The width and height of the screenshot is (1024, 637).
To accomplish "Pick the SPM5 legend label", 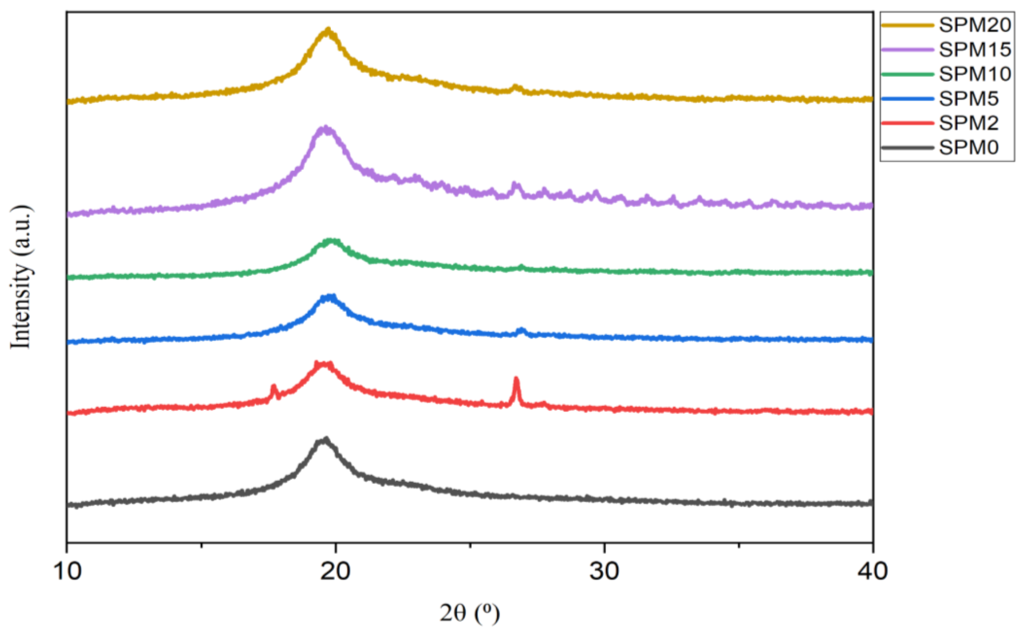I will pyautogui.click(x=968, y=99).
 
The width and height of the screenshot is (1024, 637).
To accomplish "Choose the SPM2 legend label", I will pyautogui.click(x=968, y=123).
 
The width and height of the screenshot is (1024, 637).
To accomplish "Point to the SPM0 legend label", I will pyautogui.click(x=968, y=148).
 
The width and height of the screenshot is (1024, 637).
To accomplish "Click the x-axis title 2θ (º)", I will pyautogui.click(x=469, y=613).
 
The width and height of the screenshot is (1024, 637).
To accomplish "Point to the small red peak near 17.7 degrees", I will pyautogui.click(x=274, y=386).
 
